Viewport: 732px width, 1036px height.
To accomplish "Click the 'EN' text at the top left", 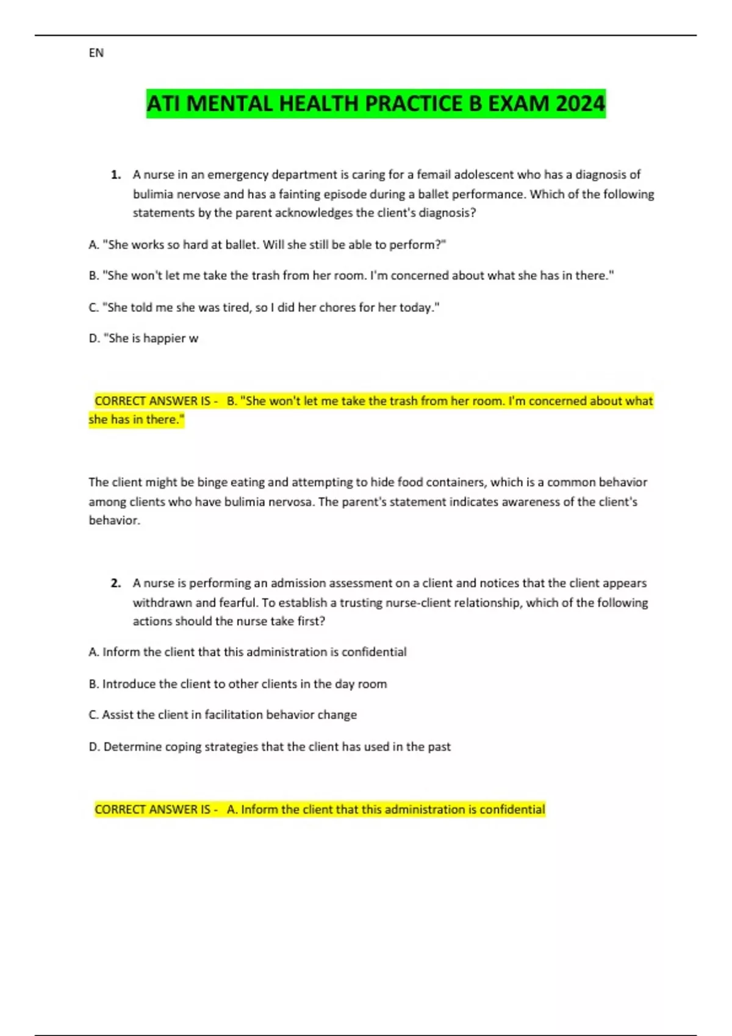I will click(96, 53).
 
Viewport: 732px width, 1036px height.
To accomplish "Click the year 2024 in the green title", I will click(579, 104).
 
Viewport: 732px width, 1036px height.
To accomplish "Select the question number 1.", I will click(115, 175).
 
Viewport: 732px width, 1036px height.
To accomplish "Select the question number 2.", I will click(115, 583).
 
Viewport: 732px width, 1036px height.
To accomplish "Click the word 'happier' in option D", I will click(165, 339).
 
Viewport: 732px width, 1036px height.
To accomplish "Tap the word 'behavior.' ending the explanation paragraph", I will click(114, 520).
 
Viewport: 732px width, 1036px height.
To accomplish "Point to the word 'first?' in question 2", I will click(312, 622).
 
